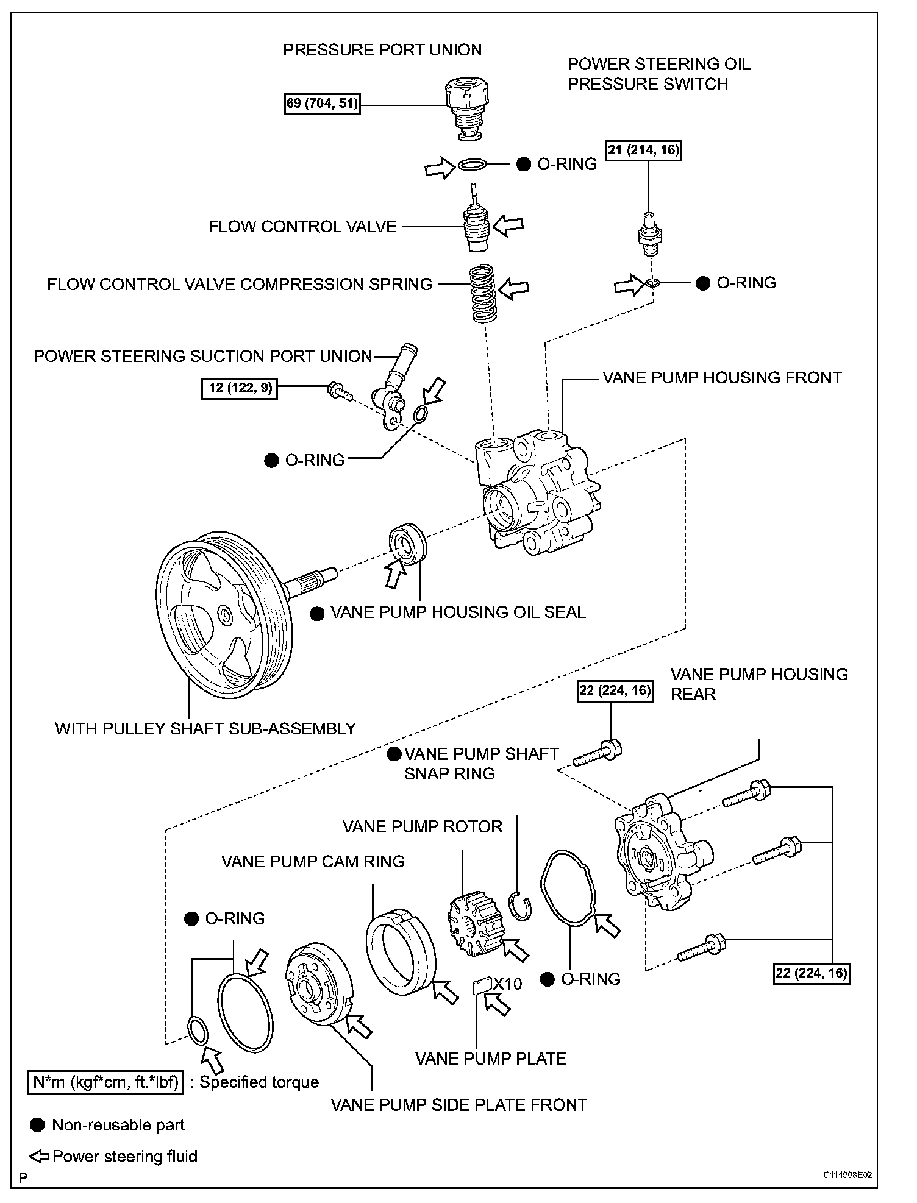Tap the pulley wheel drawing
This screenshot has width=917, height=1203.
(x=222, y=615)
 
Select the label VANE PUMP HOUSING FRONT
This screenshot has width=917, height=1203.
(x=722, y=378)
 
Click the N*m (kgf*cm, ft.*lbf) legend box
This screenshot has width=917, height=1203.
(x=105, y=1082)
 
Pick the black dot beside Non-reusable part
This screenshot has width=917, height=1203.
(x=37, y=1125)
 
